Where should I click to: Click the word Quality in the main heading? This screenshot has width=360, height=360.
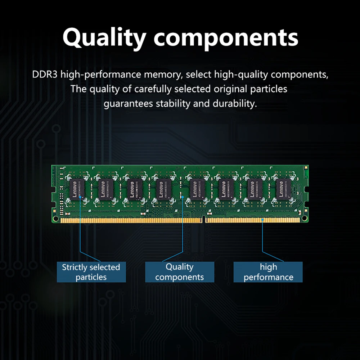[x=105, y=37]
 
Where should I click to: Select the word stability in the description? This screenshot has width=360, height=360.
[x=173, y=104]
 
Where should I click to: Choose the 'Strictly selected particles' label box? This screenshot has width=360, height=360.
[x=91, y=272]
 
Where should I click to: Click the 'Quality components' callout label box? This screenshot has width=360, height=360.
[x=179, y=272]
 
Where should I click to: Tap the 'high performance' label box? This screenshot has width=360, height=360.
[x=268, y=272]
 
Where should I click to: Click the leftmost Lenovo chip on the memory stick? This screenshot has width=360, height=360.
[x=77, y=189]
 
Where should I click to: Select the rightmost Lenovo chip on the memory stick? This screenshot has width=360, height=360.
[x=283, y=189]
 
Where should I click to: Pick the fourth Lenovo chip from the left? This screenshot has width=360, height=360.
[x=164, y=189]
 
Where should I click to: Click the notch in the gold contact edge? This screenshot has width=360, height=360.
[x=204, y=219]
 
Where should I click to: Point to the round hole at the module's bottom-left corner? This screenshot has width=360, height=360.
[x=55, y=218]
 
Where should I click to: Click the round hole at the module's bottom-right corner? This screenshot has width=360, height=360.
[x=305, y=218]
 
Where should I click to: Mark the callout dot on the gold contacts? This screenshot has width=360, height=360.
[x=263, y=219]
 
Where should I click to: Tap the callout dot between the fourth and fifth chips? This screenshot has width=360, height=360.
[x=183, y=197]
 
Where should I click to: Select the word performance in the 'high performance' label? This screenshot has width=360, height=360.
[x=268, y=277]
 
